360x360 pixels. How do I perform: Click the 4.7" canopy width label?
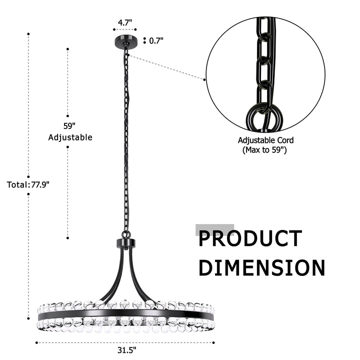[x=125, y=22]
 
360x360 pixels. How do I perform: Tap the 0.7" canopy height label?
[x=156, y=41]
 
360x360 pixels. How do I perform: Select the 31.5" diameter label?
[x=126, y=350]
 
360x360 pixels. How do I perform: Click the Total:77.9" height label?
[x=28, y=184]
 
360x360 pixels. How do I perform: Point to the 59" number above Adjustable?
[x=69, y=126]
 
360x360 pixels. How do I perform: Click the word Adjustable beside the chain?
[x=70, y=137]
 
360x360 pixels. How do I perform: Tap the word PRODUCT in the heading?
[x=250, y=238]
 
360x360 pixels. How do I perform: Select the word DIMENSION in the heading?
[x=262, y=267]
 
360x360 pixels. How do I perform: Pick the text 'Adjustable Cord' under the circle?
[x=265, y=140]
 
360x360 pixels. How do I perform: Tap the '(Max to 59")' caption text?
[x=264, y=150]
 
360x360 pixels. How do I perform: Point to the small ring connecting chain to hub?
[x=126, y=235]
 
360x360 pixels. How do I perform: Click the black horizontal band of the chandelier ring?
[x=126, y=314]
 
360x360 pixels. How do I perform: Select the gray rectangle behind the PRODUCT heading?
[x=215, y=230]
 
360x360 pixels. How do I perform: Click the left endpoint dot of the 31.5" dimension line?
[x=36, y=343]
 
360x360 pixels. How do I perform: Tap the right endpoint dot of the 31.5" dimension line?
[x=214, y=343]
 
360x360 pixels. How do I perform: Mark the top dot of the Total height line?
[x=28, y=34]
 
